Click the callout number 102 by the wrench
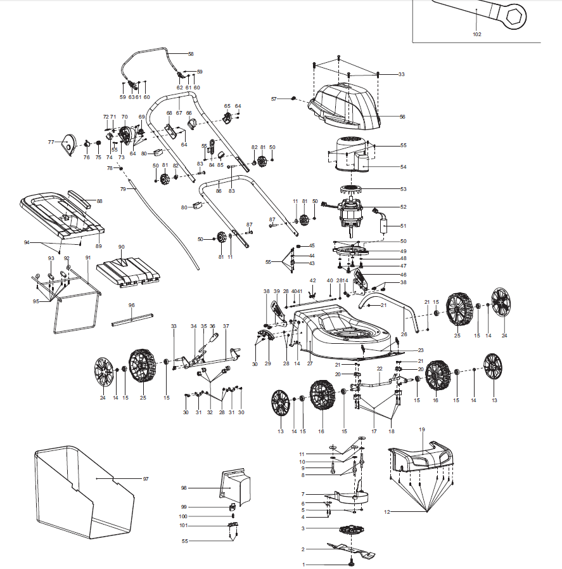[476, 34]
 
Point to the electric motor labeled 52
[352, 212]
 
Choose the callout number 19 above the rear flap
[421, 429]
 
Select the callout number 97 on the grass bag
[145, 478]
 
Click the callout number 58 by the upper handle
[190, 54]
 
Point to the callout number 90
[121, 246]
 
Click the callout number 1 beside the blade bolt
[303, 564]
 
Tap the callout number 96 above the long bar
[132, 305]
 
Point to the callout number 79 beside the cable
[123, 189]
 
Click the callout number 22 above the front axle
[380, 368]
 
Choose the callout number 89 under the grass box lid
[98, 246]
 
